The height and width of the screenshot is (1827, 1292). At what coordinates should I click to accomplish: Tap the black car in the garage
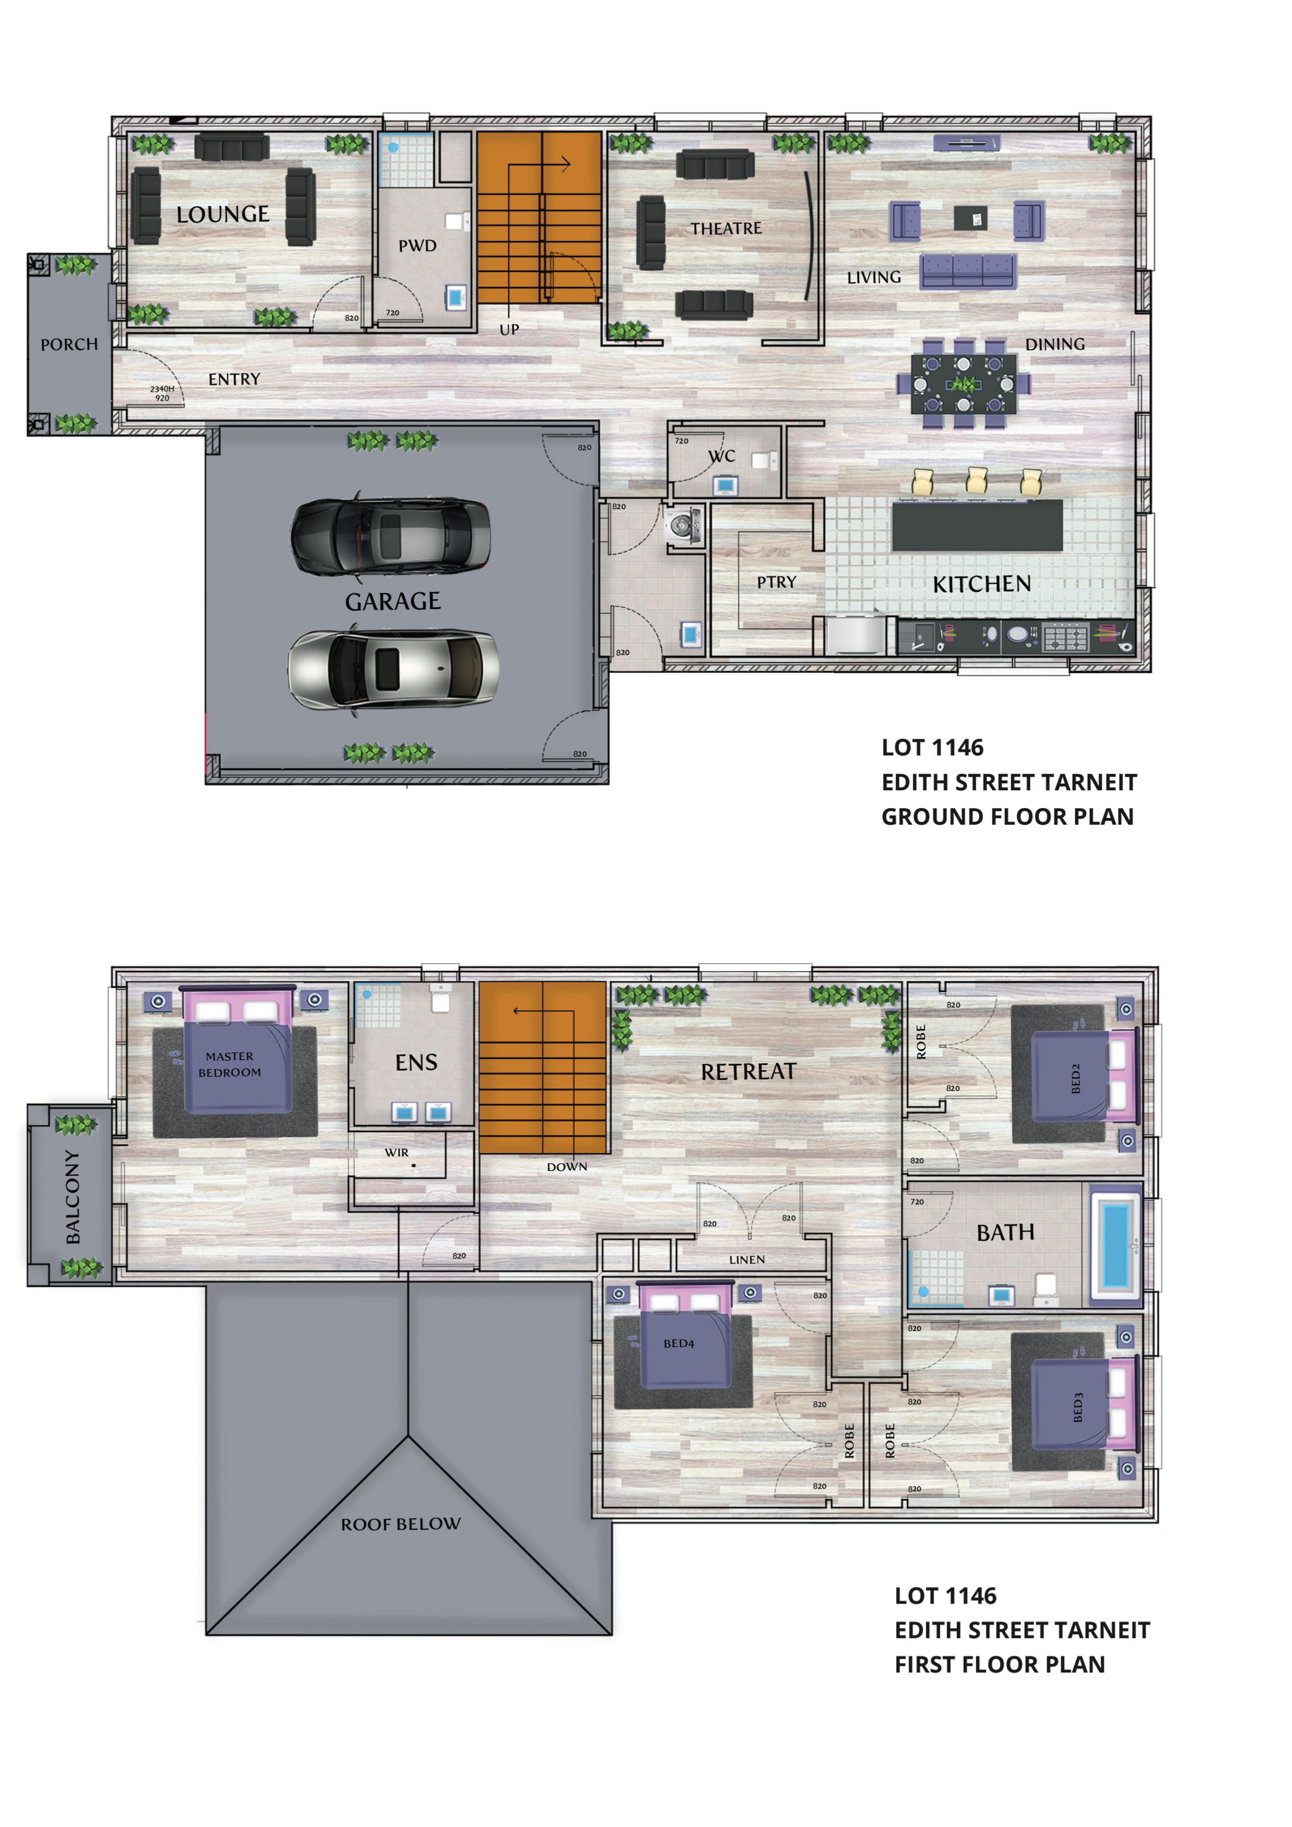[390, 536]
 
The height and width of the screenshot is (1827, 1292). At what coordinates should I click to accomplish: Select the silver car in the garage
[393, 669]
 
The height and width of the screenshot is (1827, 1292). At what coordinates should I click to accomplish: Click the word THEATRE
[726, 229]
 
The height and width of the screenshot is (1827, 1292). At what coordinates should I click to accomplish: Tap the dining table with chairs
[963, 384]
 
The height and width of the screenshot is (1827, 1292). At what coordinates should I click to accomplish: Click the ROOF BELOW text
[401, 1524]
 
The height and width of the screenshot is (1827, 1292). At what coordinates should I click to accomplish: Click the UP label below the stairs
[510, 330]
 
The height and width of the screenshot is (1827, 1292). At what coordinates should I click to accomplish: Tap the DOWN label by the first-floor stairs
[567, 1167]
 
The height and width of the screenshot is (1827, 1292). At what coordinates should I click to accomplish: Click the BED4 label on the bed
[679, 1343]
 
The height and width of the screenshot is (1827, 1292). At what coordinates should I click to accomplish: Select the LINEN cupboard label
[747, 1259]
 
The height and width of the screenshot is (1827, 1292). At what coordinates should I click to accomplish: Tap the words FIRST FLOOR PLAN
[1000, 1665]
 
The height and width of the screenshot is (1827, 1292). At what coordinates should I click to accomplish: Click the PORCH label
[69, 345]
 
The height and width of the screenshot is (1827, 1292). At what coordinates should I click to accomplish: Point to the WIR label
[396, 1152]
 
